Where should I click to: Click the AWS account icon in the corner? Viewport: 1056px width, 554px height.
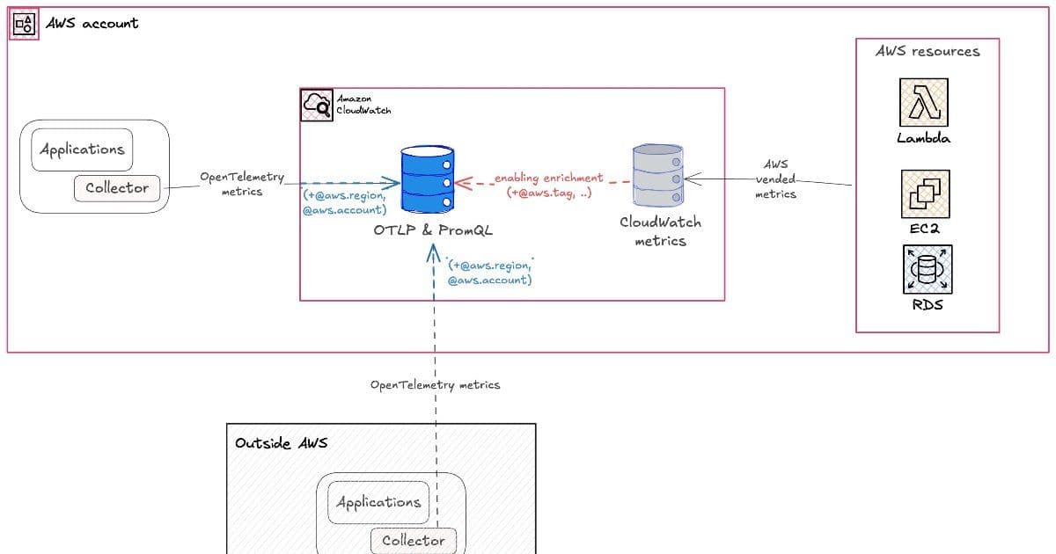pyautogui.click(x=25, y=24)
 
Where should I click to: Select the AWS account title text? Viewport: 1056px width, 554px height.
pyautogui.click(x=92, y=24)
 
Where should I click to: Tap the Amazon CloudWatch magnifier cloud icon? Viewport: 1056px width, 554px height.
pyautogui.click(x=317, y=105)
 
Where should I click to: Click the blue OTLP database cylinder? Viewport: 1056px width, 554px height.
pyautogui.click(x=427, y=180)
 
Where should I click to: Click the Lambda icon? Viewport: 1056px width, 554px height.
pyautogui.click(x=923, y=102)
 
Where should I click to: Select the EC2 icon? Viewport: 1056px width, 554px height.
pyautogui.click(x=924, y=194)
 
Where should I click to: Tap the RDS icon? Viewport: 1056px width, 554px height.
pyautogui.click(x=927, y=269)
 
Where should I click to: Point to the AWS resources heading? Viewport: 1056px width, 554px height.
pyautogui.click(x=927, y=52)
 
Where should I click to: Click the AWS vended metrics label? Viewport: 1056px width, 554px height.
pyautogui.click(x=775, y=179)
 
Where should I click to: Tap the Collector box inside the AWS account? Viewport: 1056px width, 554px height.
pyautogui.click(x=117, y=187)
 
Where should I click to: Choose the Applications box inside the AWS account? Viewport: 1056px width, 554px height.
pyautogui.click(x=82, y=149)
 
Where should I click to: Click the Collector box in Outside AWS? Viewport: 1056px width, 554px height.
pyautogui.click(x=414, y=540)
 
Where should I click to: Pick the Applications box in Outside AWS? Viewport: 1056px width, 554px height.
pyautogui.click(x=378, y=502)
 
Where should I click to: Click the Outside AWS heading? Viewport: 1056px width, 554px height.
pyautogui.click(x=281, y=442)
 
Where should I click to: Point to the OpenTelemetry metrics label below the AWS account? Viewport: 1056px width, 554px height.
pyautogui.click(x=435, y=385)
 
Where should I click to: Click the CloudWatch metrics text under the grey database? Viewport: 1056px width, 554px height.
pyautogui.click(x=660, y=231)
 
